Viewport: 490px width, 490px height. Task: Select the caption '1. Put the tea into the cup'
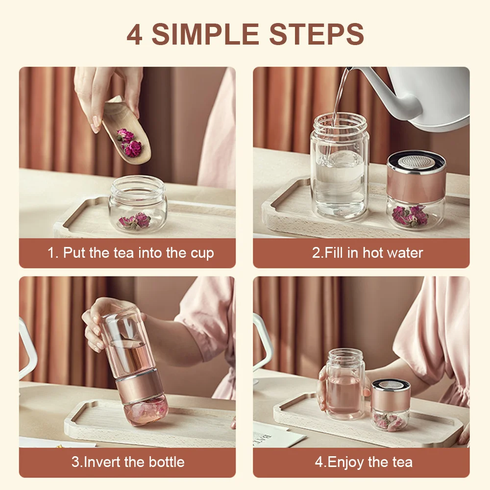point(130,253)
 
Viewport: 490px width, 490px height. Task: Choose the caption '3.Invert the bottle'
point(128,462)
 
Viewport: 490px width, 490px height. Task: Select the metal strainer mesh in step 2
point(416,160)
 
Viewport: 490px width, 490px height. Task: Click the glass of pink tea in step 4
point(345,387)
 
